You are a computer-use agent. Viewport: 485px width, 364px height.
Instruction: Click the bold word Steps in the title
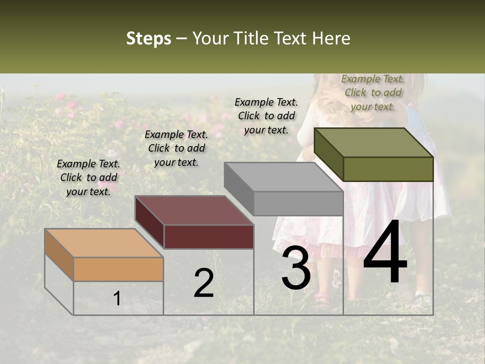pos(149,38)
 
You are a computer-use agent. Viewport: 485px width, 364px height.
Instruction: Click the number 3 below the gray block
pos(296,269)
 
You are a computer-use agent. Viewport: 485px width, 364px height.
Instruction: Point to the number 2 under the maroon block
pos(204,284)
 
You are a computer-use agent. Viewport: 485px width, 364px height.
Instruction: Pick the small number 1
pos(117,299)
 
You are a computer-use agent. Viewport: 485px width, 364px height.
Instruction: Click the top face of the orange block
pos(104,243)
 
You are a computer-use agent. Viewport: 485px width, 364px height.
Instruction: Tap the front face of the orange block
pos(118,269)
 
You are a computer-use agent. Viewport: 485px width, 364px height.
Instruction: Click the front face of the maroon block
pos(209,237)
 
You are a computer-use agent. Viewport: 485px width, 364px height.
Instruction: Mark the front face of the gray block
pos(298,203)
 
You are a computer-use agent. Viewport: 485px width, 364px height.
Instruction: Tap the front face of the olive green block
pos(388,169)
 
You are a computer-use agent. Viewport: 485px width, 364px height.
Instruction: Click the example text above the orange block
pos(88,177)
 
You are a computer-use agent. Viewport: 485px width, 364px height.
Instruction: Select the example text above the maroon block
pos(176,148)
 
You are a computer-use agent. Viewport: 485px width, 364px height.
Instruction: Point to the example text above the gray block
pos(266,116)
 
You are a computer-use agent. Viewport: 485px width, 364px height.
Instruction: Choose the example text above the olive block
pos(373,93)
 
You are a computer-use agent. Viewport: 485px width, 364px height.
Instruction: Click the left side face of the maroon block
pos(150,222)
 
